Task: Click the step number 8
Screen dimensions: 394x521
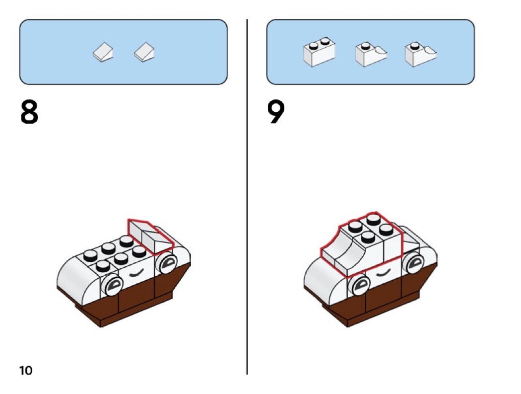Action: [x=29, y=113]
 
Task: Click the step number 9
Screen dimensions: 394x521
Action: [x=276, y=113]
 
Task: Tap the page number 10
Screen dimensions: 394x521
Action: [x=26, y=370]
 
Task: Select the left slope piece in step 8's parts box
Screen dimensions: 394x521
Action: [x=103, y=52]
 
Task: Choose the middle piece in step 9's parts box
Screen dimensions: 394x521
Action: [x=371, y=54]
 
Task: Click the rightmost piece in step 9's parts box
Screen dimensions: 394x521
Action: [x=420, y=54]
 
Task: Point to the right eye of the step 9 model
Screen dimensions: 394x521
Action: [x=414, y=263]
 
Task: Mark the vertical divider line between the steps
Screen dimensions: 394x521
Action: [x=247, y=199]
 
